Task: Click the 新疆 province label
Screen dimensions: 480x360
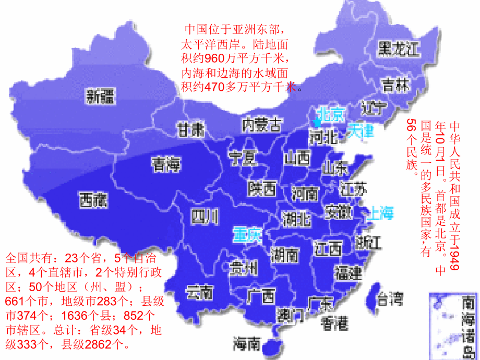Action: click(101, 96)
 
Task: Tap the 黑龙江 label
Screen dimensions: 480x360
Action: click(399, 49)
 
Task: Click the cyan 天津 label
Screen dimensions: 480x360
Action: click(361, 130)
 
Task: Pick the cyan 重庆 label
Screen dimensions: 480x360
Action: click(246, 234)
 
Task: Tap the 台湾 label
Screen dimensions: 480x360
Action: click(390, 299)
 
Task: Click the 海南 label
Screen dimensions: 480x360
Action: click(246, 343)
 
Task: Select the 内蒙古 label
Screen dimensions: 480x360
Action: click(262, 125)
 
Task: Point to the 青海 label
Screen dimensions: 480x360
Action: click(166, 165)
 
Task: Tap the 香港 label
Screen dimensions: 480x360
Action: click(334, 323)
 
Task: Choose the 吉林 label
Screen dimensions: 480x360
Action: click(395, 85)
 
